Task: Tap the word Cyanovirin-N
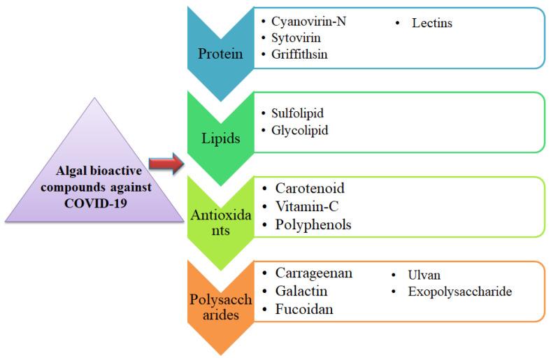tap(308, 21)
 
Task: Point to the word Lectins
tap(432, 24)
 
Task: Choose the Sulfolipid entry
tap(297, 113)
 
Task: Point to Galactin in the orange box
tap(301, 291)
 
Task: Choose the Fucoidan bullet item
tap(303, 308)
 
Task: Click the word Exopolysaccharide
tap(460, 291)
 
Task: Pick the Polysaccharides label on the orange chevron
tap(220, 308)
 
